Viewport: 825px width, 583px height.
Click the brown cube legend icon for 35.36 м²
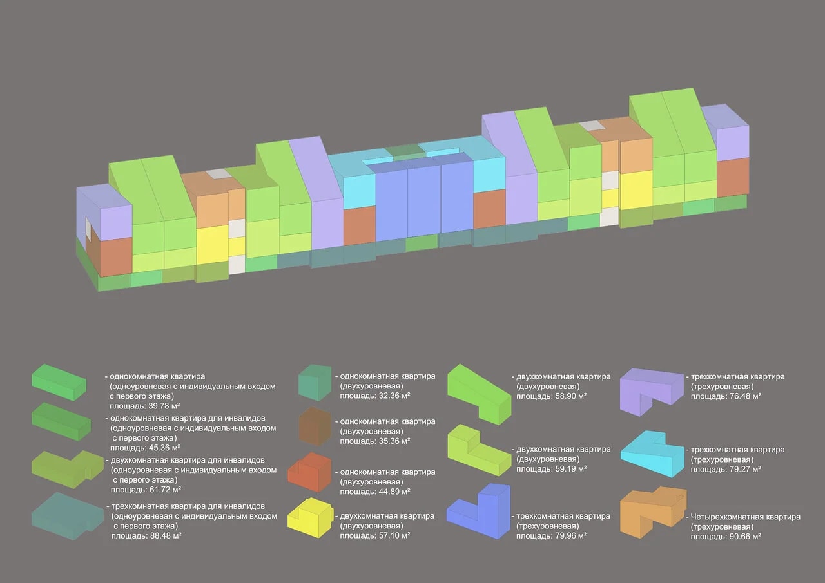coord(315,426)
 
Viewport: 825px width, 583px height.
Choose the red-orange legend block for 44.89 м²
coord(309,472)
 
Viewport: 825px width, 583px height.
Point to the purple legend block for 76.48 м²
coord(651,392)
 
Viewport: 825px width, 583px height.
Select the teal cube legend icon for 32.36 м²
coord(315,383)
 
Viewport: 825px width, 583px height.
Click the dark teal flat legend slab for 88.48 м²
coord(67,517)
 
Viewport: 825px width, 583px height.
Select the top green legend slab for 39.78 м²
coord(59,383)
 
